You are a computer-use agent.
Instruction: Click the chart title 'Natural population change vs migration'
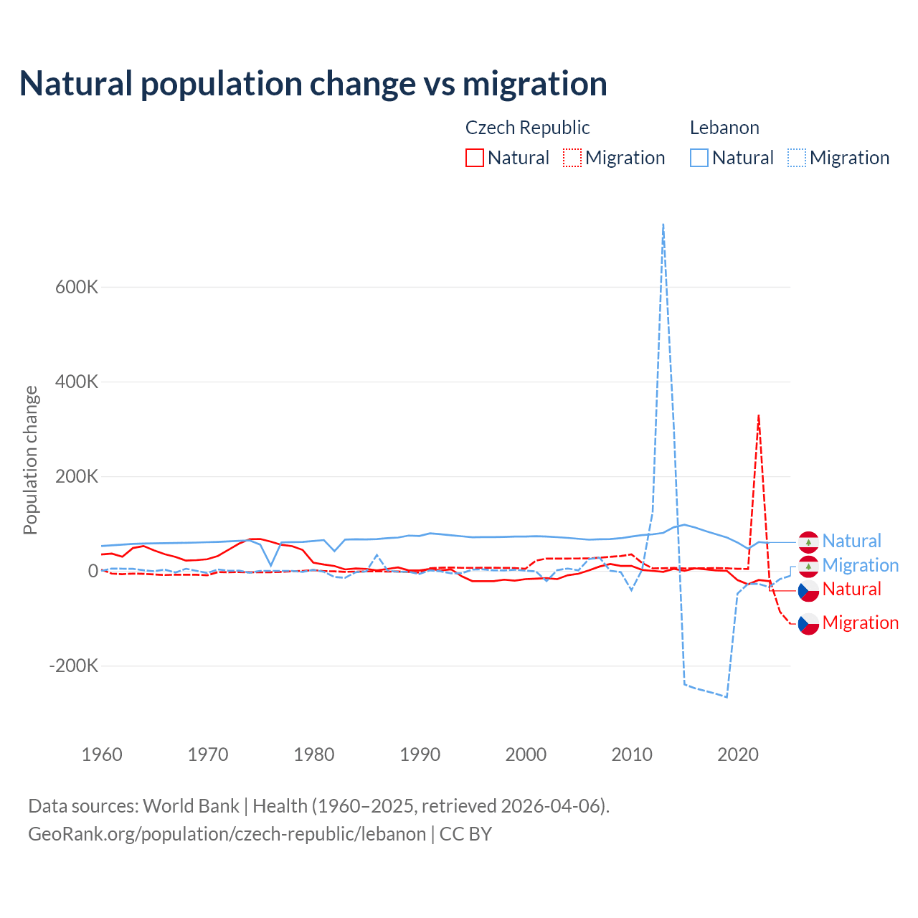point(313,84)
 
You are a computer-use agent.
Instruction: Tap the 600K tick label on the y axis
point(77,288)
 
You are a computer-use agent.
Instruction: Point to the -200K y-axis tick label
point(74,666)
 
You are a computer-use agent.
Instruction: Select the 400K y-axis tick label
point(77,382)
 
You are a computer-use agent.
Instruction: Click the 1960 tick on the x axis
point(102,754)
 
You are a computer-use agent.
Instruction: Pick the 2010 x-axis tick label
point(632,754)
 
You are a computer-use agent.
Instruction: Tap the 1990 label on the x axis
point(420,754)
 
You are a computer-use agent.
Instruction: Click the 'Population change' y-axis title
point(30,460)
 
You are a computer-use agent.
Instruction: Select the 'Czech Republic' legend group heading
point(527,128)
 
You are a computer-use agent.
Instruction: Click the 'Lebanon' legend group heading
point(724,128)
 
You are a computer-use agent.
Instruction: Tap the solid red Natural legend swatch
point(475,158)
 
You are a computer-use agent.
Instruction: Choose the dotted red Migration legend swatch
point(572,158)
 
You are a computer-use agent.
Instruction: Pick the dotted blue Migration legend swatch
point(797,158)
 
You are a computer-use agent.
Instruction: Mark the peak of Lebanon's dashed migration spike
point(663,224)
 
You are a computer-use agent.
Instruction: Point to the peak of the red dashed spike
point(758,415)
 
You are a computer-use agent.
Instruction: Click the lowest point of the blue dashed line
point(727,697)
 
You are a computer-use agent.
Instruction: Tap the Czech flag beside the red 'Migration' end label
point(808,624)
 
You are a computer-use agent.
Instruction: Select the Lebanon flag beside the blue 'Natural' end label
point(808,541)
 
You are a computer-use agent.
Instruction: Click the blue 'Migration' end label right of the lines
point(860,565)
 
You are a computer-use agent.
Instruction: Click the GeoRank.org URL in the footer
point(227,834)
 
